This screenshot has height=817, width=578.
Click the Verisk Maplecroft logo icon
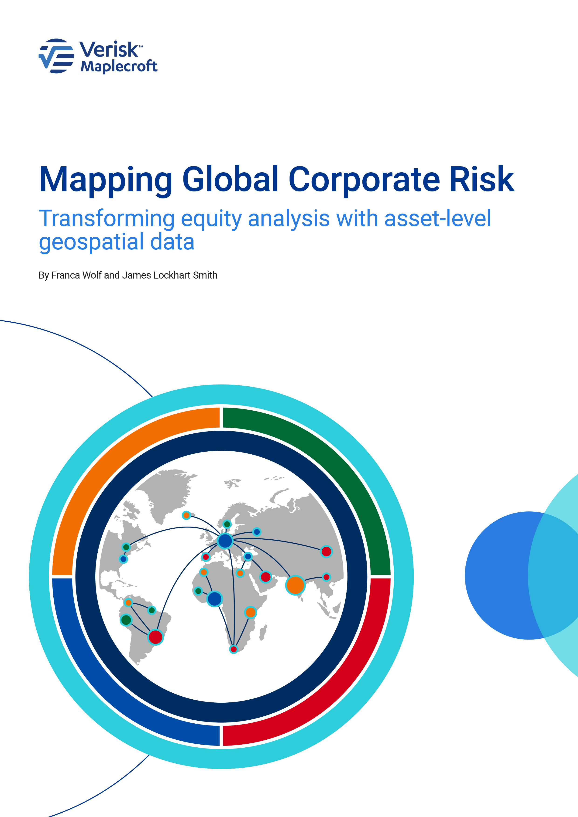pos(56,56)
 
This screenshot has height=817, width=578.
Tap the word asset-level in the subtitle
pos(438,218)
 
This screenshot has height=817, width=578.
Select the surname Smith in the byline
pos(205,276)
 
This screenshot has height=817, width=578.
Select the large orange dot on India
pos(295,585)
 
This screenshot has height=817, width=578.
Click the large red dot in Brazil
pos(155,637)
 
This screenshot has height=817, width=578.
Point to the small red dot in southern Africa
pos(234,649)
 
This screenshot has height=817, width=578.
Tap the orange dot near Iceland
pos(186,515)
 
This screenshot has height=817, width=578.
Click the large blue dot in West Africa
pos(215,599)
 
